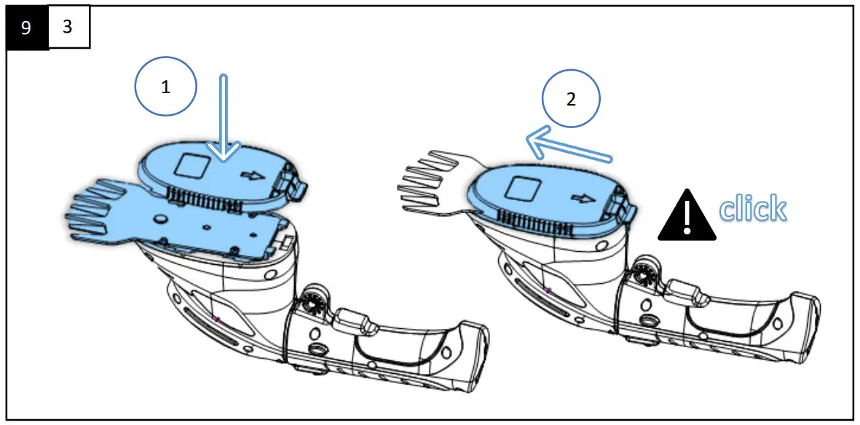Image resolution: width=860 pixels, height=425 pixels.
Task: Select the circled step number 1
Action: tap(166, 87)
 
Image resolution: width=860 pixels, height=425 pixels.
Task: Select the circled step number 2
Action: tap(570, 100)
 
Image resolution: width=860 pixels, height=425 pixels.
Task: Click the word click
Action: tap(752, 209)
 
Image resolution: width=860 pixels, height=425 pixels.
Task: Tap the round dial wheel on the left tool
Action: tap(312, 303)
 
